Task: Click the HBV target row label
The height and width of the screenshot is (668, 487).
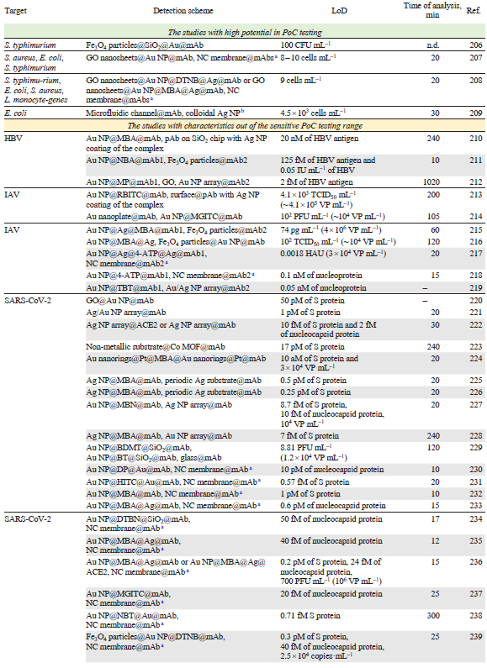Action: (14, 137)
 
